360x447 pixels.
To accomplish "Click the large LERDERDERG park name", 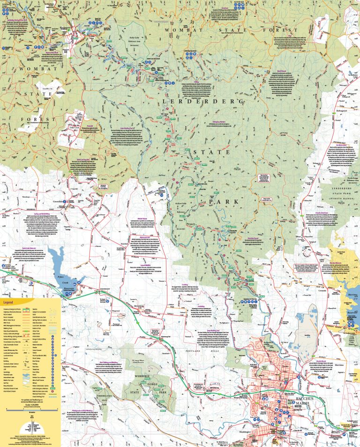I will (203, 101).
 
